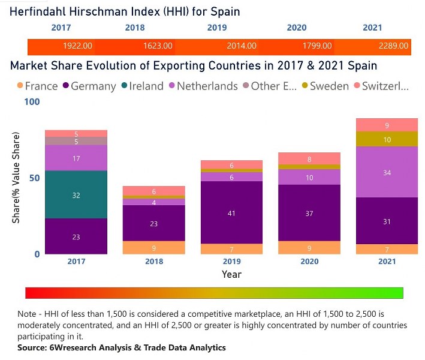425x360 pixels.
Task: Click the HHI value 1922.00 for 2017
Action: pos(77,46)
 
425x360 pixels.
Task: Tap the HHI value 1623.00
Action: pos(158,46)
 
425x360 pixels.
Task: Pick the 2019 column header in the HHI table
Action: pos(216,28)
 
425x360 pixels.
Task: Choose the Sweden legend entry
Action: pos(324,86)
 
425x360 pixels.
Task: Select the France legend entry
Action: pos(38,86)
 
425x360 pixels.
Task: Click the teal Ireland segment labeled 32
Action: pos(76,195)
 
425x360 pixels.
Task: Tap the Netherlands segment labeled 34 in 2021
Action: pos(387,173)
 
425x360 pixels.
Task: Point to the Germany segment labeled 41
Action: pos(231,212)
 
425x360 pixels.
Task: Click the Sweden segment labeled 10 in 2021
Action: pos(387,139)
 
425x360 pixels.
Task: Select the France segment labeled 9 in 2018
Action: pos(154,248)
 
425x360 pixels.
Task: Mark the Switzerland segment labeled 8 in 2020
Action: pos(309,159)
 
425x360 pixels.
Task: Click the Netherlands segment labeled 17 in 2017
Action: pos(76,158)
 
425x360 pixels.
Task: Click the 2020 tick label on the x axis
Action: pos(309,261)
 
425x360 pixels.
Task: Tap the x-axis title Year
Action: pos(231,274)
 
